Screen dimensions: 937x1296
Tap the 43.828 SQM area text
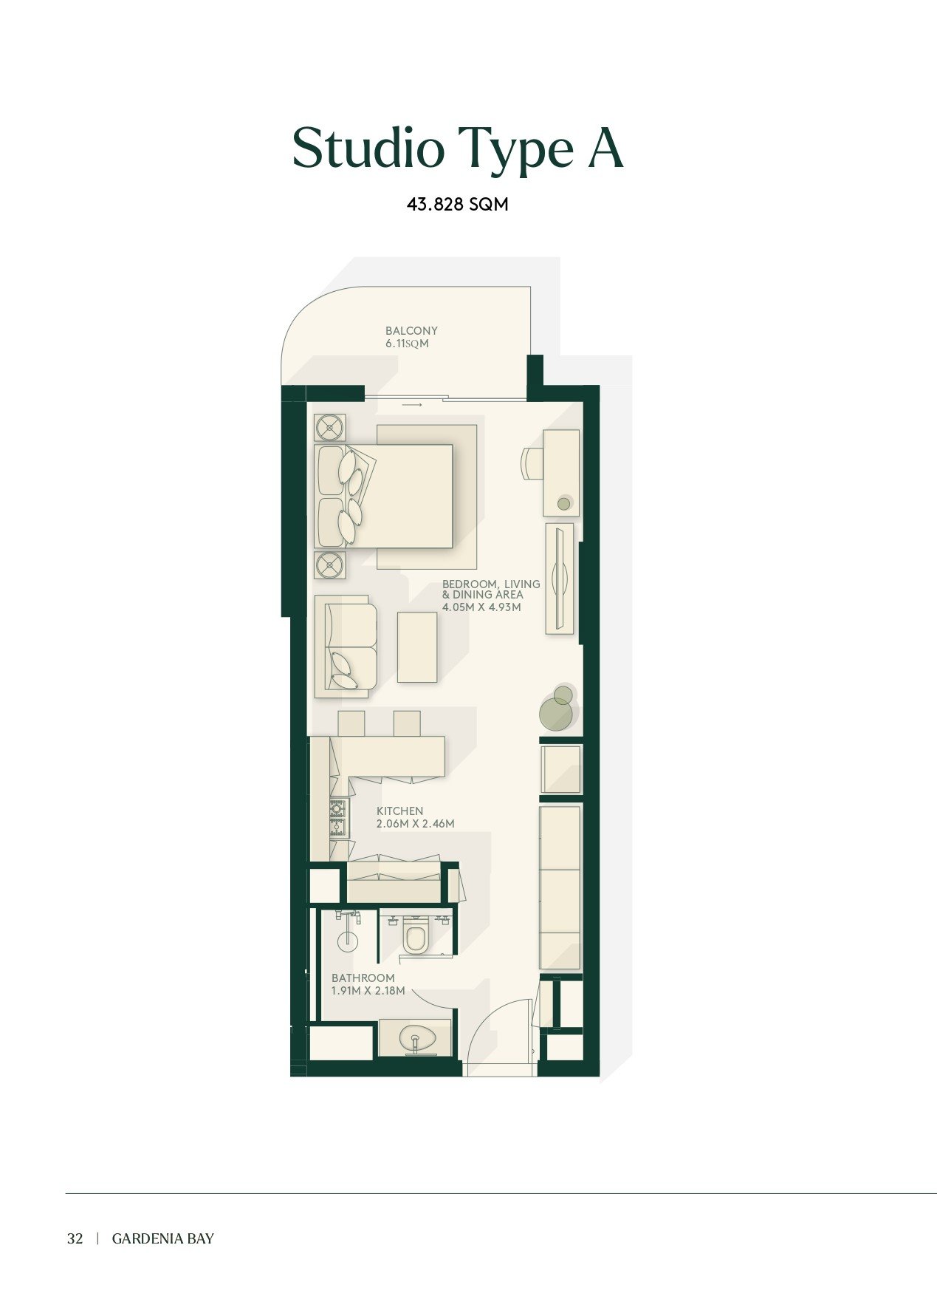458,205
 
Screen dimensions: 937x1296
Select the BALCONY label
411,331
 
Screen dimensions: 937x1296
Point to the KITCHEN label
399,811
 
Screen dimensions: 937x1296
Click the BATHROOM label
363,978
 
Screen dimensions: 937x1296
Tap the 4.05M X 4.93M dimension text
481,607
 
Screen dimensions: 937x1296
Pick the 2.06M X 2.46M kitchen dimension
415,824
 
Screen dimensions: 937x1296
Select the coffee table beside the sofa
417,647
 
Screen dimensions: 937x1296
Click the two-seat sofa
346,647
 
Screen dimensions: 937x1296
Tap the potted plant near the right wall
557,709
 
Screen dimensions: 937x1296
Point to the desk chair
532,463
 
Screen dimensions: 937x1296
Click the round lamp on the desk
564,504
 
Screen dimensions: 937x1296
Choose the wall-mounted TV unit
560,579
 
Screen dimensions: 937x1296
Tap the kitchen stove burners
337,818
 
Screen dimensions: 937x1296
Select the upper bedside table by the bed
329,428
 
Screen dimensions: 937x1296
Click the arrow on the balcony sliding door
412,405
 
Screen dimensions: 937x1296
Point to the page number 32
75,1239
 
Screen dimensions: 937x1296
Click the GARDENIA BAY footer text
163,1239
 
